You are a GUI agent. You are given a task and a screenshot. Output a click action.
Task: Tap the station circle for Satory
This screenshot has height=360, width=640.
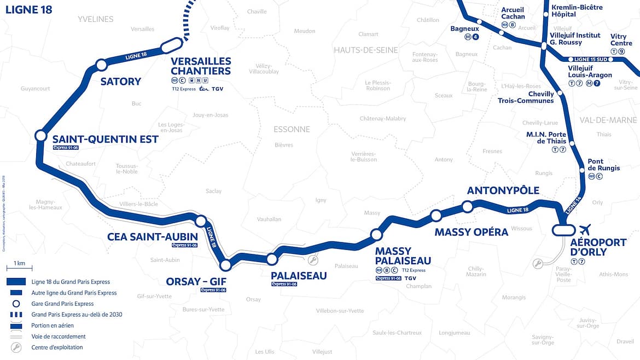click(101, 65)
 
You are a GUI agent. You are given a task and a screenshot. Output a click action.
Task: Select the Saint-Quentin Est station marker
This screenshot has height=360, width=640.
click(40, 135)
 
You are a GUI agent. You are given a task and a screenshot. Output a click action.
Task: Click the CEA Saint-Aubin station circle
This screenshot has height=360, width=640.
click(201, 221)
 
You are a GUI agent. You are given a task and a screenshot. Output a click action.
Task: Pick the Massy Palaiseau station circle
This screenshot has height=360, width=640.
click(376, 235)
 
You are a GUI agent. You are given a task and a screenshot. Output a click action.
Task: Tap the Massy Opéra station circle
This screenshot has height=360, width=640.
click(436, 216)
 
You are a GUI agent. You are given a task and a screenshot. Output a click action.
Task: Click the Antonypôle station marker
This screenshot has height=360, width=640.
click(467, 206)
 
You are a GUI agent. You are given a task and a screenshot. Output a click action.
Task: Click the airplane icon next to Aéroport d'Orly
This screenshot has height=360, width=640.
click(585, 229)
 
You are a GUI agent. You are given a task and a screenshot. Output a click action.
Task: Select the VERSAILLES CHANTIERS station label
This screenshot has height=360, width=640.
click(201, 66)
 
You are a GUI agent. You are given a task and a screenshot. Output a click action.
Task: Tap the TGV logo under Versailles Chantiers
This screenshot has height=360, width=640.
click(217, 89)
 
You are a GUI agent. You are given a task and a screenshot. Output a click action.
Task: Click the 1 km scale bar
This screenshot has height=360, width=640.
click(19, 268)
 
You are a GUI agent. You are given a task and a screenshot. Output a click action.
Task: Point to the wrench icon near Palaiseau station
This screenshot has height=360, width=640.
click(312, 259)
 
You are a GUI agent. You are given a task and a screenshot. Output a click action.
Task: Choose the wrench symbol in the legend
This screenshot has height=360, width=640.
click(16, 347)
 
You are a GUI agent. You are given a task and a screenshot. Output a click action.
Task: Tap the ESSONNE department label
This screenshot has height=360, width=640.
click(292, 130)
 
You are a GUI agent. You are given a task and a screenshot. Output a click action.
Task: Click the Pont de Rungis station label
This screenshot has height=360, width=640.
click(603, 165)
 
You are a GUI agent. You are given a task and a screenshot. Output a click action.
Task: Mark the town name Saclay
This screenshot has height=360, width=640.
click(213, 191)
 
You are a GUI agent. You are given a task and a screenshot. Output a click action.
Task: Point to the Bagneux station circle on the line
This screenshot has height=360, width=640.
click(479, 22)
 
